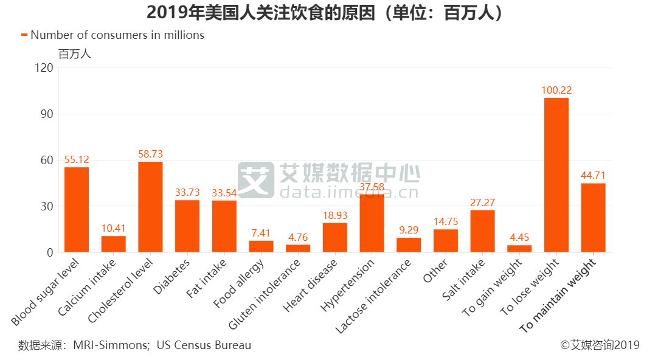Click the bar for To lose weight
[x=556, y=175]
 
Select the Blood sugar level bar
[x=77, y=210]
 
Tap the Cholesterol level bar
[x=150, y=207]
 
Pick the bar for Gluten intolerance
[x=297, y=248]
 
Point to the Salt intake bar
[x=482, y=231]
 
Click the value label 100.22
[x=556, y=91]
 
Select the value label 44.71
[x=593, y=176]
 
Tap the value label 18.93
[x=334, y=216]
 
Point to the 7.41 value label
[x=261, y=234]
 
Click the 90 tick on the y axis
[x=47, y=114]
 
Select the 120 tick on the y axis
[x=44, y=67]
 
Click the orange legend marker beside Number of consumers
[x=24, y=35]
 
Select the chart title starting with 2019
[x=328, y=12]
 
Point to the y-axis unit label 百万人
[x=74, y=54]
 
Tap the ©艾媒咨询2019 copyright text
[x=600, y=345]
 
